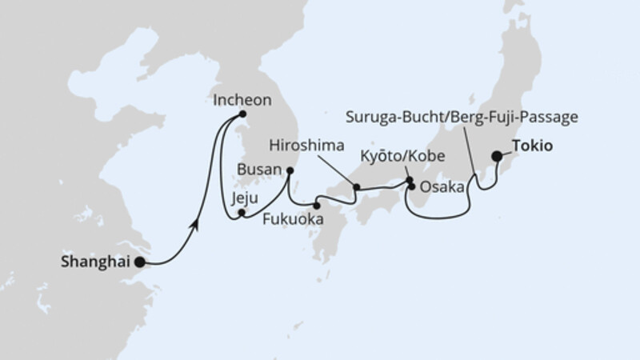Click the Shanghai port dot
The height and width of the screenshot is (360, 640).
click(x=139, y=262)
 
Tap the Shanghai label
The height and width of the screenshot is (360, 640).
click(x=97, y=261)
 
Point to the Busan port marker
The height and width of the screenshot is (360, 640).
click(x=290, y=170)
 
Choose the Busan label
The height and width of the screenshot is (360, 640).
click(x=260, y=170)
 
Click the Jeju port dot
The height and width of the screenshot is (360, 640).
click(x=242, y=213)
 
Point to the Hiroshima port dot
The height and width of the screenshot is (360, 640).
click(x=357, y=187)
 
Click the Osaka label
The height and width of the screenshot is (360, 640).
click(x=442, y=187)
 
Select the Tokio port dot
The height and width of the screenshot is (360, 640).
click(x=497, y=158)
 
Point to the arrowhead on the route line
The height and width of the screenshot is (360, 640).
click(x=194, y=227)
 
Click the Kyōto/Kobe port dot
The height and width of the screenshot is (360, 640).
click(x=409, y=180)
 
